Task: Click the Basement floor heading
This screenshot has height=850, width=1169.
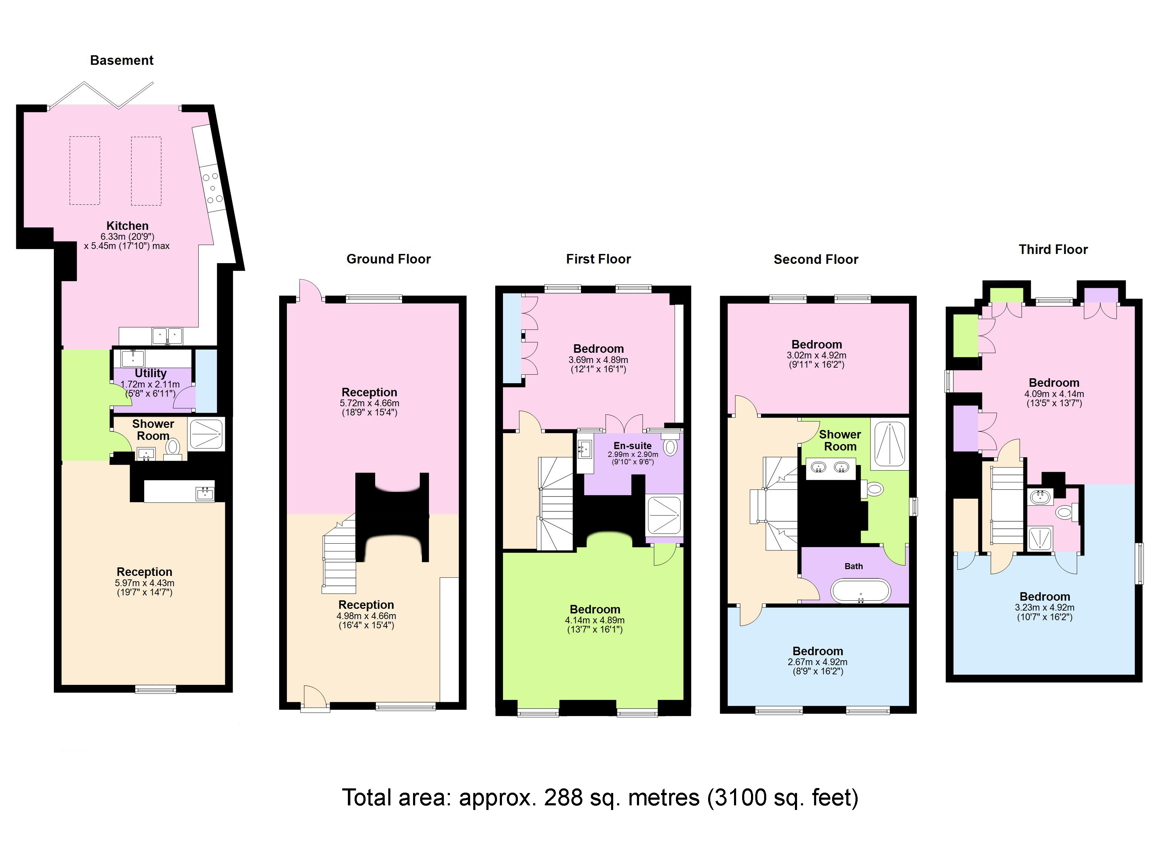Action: tap(122, 60)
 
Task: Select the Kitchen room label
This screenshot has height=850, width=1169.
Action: tap(127, 226)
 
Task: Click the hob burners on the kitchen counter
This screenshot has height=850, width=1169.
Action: tap(212, 188)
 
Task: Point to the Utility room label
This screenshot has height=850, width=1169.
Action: tap(151, 373)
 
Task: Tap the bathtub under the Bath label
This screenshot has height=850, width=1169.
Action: tap(860, 591)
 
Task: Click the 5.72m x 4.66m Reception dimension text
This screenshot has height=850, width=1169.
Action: tap(369, 403)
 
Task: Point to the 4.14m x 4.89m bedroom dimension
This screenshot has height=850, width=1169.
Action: tap(594, 620)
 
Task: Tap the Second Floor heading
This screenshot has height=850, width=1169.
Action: tap(815, 259)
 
